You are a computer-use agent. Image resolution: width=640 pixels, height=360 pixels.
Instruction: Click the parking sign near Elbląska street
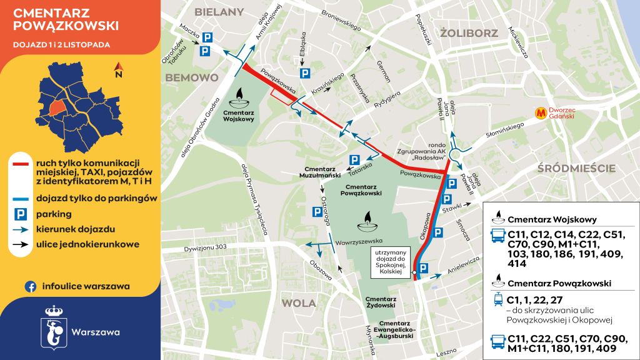[304, 74]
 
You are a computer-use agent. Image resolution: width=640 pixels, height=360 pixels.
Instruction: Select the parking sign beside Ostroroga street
[317, 212]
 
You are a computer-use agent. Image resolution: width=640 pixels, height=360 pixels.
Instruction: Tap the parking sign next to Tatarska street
[354, 159]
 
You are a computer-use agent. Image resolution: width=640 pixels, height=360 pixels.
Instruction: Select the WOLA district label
[299, 303]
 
